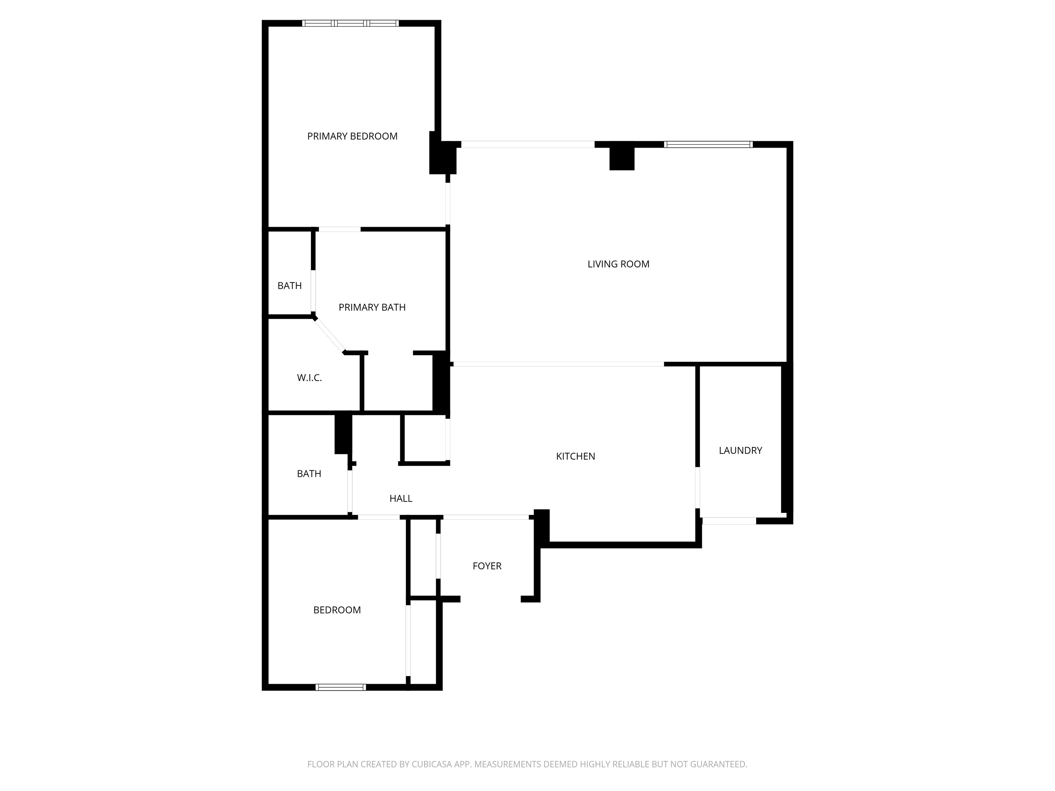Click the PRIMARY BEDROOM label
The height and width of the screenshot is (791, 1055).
(352, 136)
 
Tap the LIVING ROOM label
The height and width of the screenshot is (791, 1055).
(618, 264)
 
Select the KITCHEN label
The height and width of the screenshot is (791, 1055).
(575, 456)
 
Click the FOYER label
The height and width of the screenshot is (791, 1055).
(487, 566)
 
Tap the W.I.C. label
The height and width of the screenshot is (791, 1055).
(309, 378)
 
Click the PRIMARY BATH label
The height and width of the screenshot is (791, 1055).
(372, 308)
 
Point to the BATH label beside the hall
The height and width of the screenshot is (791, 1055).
(309, 474)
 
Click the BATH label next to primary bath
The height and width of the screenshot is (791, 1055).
(290, 286)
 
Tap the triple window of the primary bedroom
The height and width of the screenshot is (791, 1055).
(351, 23)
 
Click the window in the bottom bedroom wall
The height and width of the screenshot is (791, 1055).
(341, 687)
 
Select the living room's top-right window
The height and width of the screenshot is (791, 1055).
(708, 145)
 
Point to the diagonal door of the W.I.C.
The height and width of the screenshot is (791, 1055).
(329, 336)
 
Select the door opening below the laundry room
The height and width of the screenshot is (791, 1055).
(729, 521)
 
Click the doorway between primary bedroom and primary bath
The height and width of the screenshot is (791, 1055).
(340, 230)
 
